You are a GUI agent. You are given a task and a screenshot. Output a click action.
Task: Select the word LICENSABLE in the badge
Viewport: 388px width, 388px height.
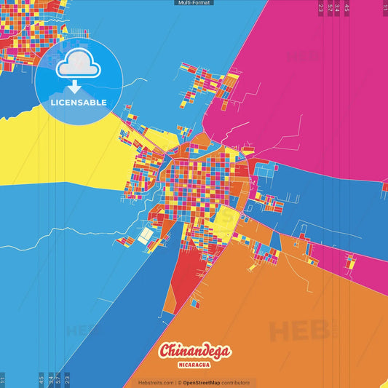click(x=79, y=103)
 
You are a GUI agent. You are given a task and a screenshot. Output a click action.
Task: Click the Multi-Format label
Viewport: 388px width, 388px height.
click(x=194, y=3)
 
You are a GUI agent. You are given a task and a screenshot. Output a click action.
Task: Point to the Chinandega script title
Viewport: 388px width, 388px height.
click(x=194, y=352)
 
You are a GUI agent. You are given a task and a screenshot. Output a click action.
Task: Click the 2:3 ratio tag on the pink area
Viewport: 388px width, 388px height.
click(x=321, y=8)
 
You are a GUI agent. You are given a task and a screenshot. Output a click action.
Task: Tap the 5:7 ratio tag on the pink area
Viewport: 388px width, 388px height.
click(x=330, y=8)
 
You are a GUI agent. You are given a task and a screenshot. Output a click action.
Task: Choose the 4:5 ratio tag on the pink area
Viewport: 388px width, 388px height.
click(x=347, y=8)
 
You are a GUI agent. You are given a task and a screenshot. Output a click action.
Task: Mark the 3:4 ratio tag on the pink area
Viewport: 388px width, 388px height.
click(x=337, y=8)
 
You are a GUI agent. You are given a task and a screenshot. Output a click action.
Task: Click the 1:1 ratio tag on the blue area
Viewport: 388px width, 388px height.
click(x=3, y=380)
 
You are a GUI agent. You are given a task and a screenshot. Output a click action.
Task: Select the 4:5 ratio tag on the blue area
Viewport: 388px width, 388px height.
click(x=41, y=380)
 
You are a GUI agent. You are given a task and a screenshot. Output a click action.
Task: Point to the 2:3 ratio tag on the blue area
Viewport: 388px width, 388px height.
click(x=67, y=380)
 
